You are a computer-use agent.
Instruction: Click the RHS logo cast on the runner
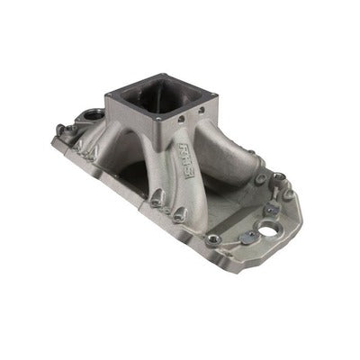(189, 147)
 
